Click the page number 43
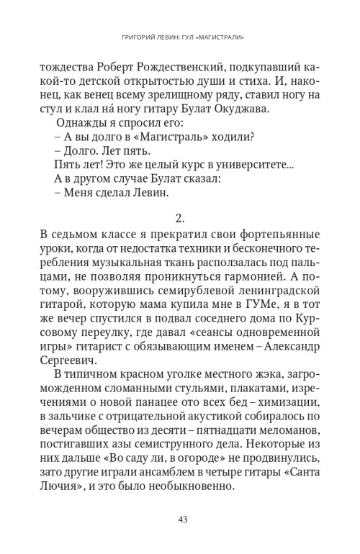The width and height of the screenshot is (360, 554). coord(180,519)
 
